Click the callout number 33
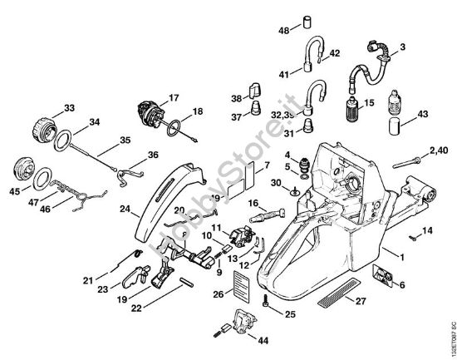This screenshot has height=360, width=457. (69, 107)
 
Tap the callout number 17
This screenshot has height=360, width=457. (174, 97)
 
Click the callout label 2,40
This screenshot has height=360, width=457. (437, 150)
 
